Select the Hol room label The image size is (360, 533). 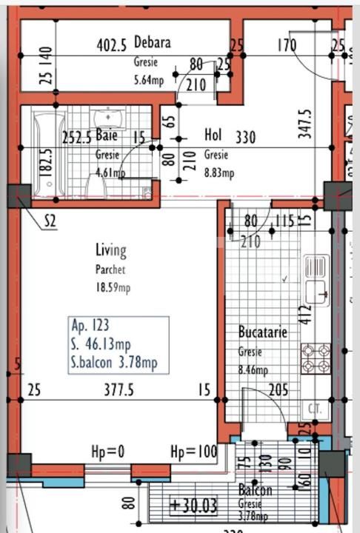(x=213, y=136)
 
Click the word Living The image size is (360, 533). (x=110, y=250)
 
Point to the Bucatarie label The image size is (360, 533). (x=262, y=332)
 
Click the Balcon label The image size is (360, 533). (x=255, y=490)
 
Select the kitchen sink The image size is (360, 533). (x=316, y=279)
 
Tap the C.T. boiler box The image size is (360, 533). (x=313, y=408)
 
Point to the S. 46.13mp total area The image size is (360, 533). (x=101, y=344)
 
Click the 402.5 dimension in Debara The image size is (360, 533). (x=113, y=44)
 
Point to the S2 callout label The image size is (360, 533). (x=51, y=220)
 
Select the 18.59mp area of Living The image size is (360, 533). (x=112, y=287)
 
